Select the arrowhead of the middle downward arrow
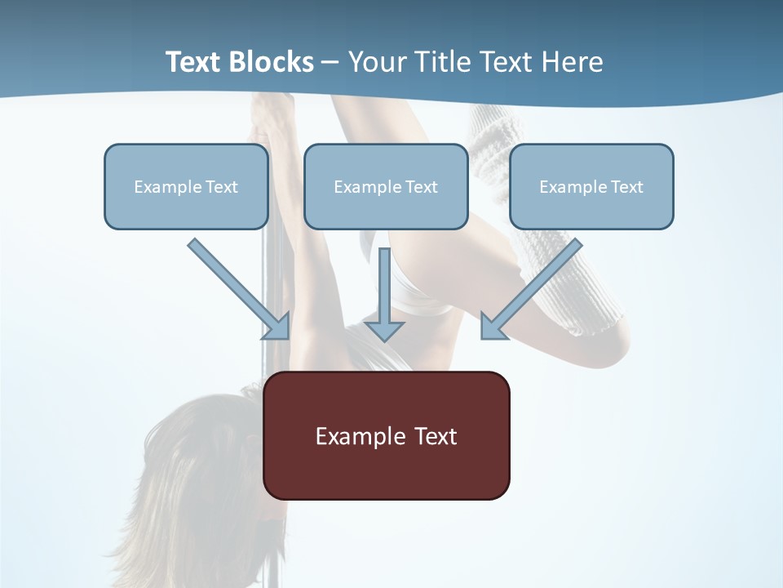(x=384, y=331)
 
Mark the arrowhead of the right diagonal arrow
(x=493, y=327)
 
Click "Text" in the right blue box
(x=626, y=187)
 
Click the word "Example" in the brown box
(x=361, y=437)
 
